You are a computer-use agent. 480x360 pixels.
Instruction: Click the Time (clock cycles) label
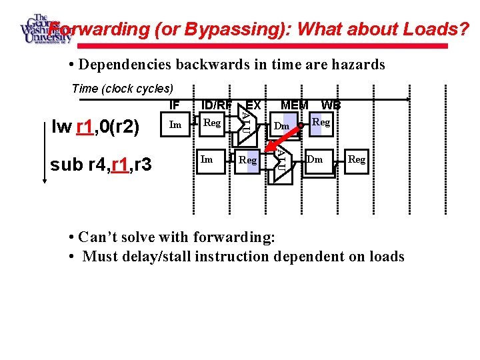tap(122, 89)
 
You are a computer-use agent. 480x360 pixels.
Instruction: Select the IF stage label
tap(175, 105)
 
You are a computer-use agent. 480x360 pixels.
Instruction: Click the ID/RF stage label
tap(216, 105)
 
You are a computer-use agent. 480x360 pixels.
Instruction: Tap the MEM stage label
tap(295, 105)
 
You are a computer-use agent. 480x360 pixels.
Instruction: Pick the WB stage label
tap(331, 105)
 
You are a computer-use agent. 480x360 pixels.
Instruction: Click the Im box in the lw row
tap(176, 124)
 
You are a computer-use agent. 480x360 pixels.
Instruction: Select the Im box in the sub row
tap(207, 159)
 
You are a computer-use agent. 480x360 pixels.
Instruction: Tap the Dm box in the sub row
tap(315, 159)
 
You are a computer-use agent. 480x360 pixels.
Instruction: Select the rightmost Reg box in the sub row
tap(357, 159)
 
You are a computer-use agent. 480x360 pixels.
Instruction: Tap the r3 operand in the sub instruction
tap(143, 163)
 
